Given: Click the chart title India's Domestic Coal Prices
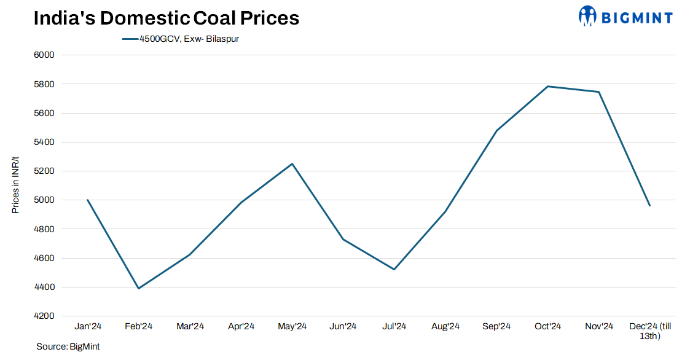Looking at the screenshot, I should (167, 18).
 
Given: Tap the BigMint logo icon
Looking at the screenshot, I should (587, 17).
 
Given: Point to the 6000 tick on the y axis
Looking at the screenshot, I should (44, 55).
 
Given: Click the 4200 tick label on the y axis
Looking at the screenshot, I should (44, 316).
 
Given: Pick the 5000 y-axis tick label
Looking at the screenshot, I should (44, 200).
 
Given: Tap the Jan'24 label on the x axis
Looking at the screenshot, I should (87, 327).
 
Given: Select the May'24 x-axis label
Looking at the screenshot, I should (292, 327).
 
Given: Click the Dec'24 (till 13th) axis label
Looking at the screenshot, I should (650, 331).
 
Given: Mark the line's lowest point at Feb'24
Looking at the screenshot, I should (138, 288).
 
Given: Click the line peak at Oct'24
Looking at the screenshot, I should (547, 87).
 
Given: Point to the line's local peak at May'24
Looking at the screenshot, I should (292, 163).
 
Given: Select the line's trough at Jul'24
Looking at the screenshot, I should (394, 269).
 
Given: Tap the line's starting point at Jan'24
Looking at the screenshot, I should (87, 200).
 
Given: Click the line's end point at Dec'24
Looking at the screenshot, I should (650, 206).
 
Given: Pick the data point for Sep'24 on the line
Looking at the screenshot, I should (496, 130).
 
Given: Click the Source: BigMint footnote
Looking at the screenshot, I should (68, 347).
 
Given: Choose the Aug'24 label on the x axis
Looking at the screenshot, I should (445, 327).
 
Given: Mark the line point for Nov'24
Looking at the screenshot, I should (599, 92).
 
